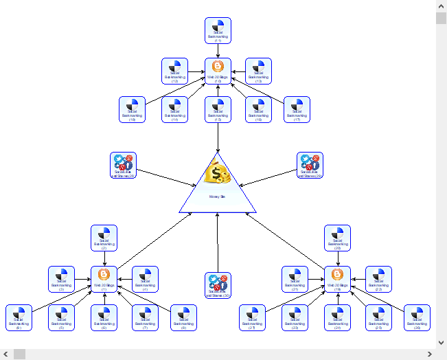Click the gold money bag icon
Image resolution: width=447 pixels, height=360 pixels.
[x=218, y=175]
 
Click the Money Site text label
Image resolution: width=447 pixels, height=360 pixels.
[x=218, y=196]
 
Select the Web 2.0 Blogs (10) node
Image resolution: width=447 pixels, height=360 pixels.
[x=218, y=71]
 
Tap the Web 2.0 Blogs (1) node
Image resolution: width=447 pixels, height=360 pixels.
[x=104, y=279]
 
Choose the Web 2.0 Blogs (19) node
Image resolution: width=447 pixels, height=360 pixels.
[x=337, y=279]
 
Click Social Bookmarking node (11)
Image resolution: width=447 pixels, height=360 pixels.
[x=218, y=30]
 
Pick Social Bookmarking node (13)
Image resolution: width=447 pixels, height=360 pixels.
[x=258, y=71]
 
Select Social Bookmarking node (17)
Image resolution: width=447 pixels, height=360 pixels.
[x=297, y=110]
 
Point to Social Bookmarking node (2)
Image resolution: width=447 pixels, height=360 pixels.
[x=104, y=238]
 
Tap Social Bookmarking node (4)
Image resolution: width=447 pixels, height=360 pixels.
[x=145, y=279]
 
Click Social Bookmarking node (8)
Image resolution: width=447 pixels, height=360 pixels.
[x=184, y=318]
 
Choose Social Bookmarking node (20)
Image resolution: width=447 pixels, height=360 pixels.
[x=337, y=238]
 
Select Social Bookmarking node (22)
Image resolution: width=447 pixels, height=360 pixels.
[x=378, y=279]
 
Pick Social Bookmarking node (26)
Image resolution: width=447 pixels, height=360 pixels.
[x=417, y=318]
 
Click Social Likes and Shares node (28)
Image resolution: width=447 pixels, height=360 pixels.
[x=124, y=166]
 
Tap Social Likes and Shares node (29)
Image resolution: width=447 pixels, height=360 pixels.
[x=310, y=166]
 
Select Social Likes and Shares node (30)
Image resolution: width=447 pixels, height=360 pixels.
[x=218, y=285]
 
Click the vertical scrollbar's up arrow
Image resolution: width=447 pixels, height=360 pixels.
[x=441, y=5]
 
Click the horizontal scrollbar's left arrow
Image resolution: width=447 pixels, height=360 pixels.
[x=5, y=354]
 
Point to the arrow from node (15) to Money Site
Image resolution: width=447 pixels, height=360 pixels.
[x=218, y=137]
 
